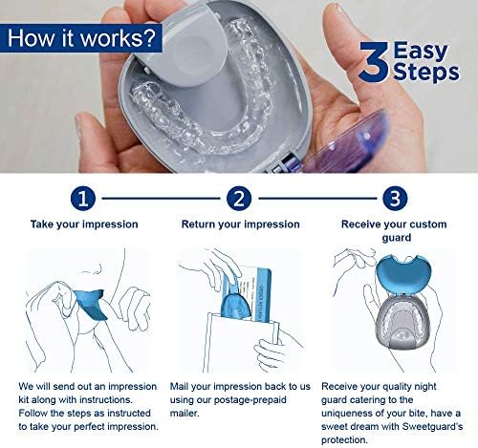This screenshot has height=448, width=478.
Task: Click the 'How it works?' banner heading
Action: coord(81,38)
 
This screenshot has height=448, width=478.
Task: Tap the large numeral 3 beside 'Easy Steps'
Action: coord(375,61)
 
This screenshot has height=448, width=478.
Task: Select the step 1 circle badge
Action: coord(83,199)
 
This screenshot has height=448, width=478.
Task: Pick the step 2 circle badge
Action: coord(239,199)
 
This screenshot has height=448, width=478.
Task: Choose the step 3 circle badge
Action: coord(395,199)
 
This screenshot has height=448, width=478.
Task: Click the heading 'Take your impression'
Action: coord(84,224)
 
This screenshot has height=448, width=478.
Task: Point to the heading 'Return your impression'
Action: coord(241,224)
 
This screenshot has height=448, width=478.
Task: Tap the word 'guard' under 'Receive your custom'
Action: coord(397,238)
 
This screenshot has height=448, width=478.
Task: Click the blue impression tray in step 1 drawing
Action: coord(91,304)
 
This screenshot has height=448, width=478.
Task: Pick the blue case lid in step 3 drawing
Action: coord(403,273)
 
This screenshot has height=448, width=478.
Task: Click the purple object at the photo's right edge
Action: coord(346,143)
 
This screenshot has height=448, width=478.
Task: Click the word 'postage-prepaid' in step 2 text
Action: coord(250,400)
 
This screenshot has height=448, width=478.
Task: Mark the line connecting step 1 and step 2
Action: coord(161,199)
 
